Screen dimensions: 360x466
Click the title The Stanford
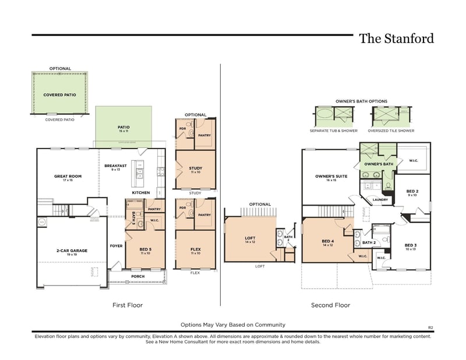coord(396,39)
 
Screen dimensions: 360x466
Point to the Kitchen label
coord(141,193)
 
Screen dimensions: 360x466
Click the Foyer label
coord(116,246)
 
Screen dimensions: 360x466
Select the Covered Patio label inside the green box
coord(60,94)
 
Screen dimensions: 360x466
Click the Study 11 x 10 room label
coord(196,170)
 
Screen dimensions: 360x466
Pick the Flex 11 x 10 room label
coord(196,251)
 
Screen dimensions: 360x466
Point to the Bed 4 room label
coord(328,243)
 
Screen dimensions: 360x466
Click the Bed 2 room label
coord(412,193)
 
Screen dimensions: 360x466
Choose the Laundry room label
coord(380,200)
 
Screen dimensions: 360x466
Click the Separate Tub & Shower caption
coord(334,130)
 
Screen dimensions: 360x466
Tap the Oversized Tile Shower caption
coord(391,130)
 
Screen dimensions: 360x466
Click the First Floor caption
coord(128,305)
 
